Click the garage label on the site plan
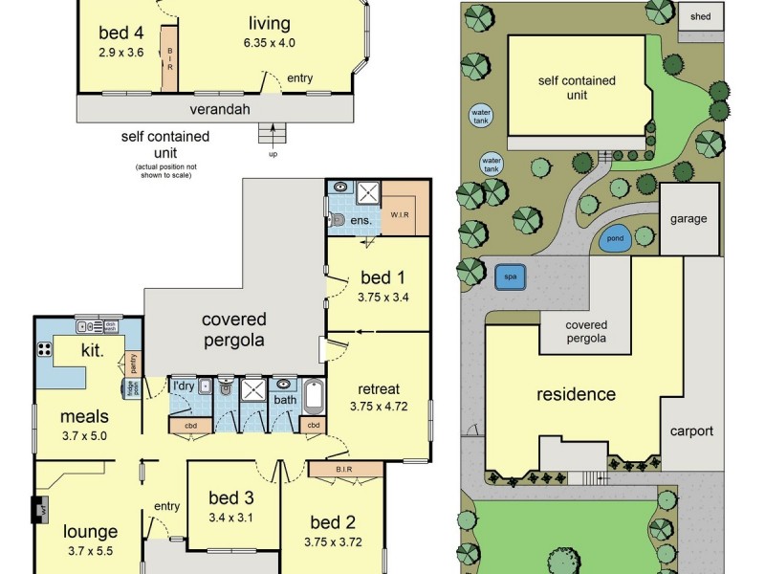(x=688, y=219)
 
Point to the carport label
(x=691, y=431)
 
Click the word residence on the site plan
(x=576, y=394)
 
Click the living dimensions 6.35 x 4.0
(x=269, y=42)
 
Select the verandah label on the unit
(x=221, y=109)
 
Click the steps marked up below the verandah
(x=273, y=135)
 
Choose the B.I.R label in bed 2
(x=346, y=469)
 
